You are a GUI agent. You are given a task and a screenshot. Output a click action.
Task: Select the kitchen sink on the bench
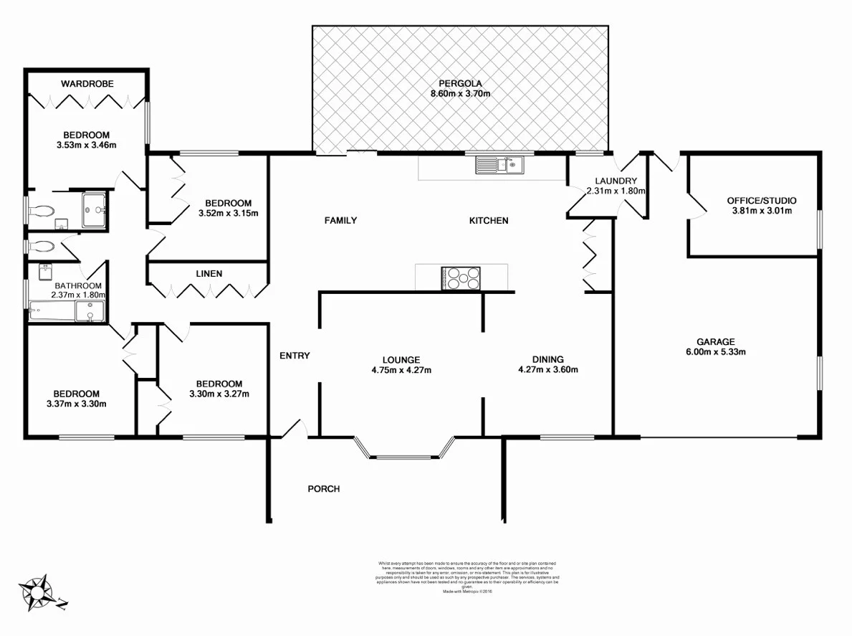point(499,166)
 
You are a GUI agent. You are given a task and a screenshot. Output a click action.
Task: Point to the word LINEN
point(209,273)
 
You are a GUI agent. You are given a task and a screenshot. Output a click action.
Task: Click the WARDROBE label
point(87,84)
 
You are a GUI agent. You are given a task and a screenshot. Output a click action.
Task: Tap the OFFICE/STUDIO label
point(761,201)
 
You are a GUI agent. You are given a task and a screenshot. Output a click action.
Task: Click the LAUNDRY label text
point(616,181)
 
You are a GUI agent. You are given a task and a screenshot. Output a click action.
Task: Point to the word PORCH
point(323,489)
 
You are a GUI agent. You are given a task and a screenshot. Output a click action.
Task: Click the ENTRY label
point(295,356)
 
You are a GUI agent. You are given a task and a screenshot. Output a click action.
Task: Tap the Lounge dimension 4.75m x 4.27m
point(401,370)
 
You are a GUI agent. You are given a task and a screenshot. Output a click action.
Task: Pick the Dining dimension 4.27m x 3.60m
point(547,370)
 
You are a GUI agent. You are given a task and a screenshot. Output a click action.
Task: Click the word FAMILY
point(340,220)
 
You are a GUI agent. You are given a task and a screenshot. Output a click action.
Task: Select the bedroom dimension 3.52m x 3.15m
point(227,213)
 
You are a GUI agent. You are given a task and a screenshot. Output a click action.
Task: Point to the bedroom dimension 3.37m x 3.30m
point(75,404)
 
